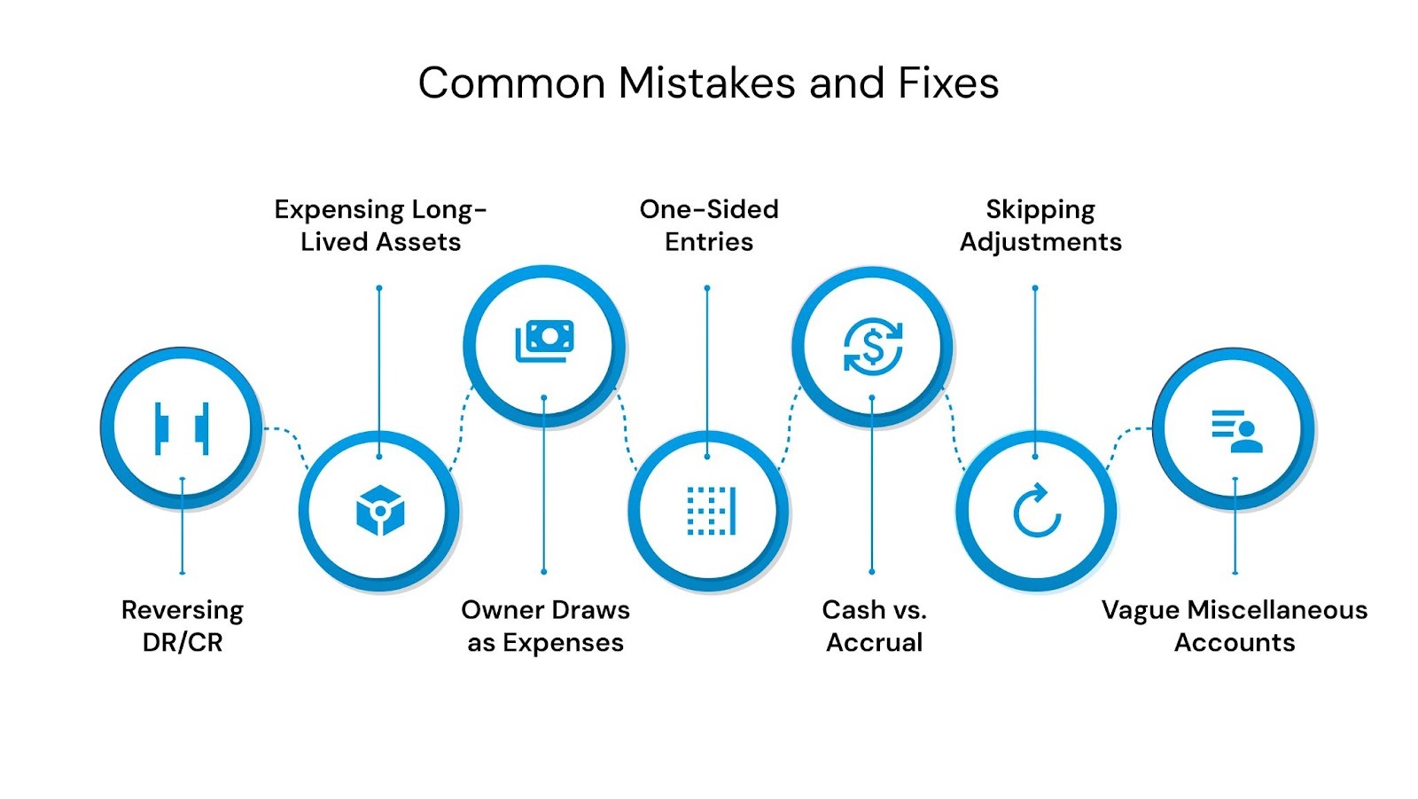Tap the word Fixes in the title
coord(948,83)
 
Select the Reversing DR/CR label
coord(182,626)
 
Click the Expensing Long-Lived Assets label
coord(380,225)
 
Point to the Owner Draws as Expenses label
coord(545,626)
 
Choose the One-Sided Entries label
coord(709,225)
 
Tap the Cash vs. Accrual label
coord(874,626)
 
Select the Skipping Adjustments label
coord(1040,225)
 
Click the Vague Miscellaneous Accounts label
coord(1234,626)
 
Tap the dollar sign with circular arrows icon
coord(873,346)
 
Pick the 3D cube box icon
coord(380,511)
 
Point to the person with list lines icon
coord(1236,430)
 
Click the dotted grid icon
coord(711,511)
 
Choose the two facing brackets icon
coord(182,427)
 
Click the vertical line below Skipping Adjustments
coord(1035,372)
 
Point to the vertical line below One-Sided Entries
coord(707,372)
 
